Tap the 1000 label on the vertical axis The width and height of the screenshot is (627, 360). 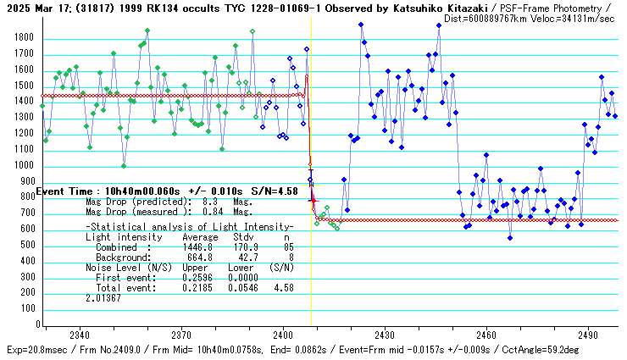click(23, 166)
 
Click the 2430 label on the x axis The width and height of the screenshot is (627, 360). click(385, 335)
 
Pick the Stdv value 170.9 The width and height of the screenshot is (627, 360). click(244, 246)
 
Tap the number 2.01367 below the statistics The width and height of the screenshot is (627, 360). click(103, 298)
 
